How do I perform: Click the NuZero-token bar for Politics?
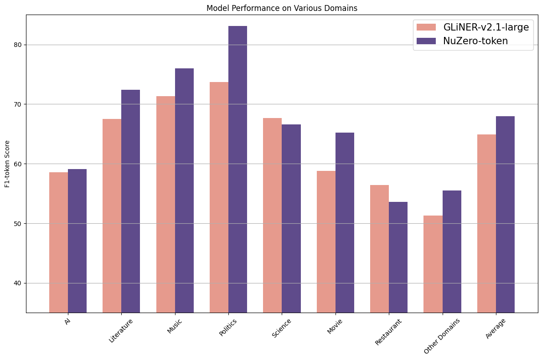click(237, 169)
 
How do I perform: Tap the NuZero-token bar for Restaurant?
click(398, 257)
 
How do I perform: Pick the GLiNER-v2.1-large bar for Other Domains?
click(433, 264)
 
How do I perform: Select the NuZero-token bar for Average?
click(505, 214)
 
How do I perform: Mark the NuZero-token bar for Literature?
click(130, 201)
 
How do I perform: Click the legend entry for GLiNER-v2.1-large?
click(486, 27)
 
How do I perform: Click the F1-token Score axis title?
click(7, 164)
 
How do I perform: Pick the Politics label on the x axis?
click(228, 327)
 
